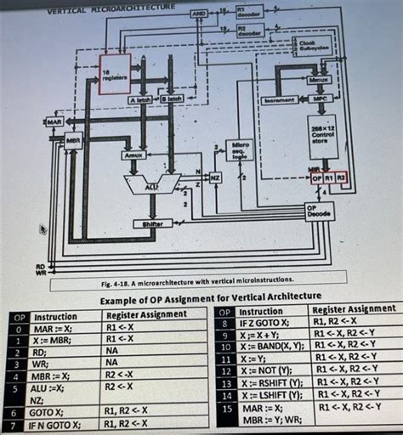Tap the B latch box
(170, 100)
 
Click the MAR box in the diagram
(54, 123)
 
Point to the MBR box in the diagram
(73, 140)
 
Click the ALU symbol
(152, 184)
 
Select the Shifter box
(153, 223)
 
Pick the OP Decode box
(320, 211)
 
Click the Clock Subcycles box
(309, 44)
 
